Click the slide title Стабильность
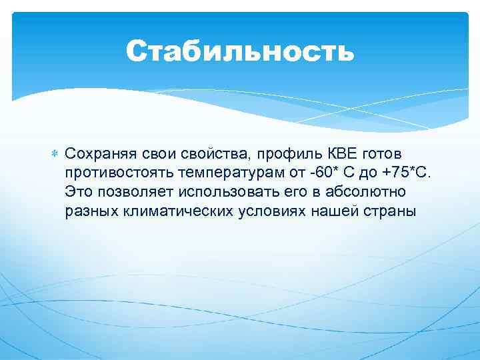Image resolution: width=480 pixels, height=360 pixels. (240, 51)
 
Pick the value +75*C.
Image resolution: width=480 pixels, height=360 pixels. (407, 173)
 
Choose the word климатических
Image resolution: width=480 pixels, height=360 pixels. (170, 211)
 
